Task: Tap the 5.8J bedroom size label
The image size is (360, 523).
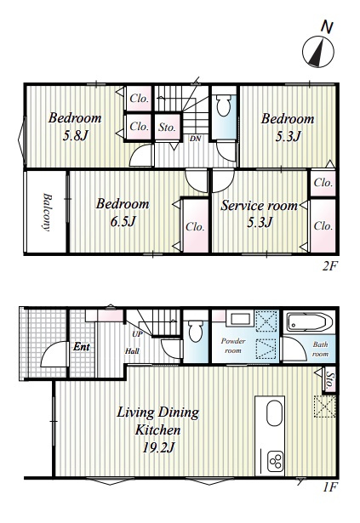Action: [x=76, y=135]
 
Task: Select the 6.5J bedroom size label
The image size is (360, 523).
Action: [x=123, y=221]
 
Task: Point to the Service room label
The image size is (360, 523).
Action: [x=259, y=206]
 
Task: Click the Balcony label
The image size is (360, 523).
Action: [x=47, y=212]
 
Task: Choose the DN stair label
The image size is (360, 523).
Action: [x=195, y=139]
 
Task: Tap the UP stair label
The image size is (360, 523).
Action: [x=137, y=334]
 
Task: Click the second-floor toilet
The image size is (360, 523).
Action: [x=224, y=105]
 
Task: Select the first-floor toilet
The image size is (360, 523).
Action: [x=196, y=331]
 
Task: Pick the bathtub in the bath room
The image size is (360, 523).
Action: [x=309, y=321]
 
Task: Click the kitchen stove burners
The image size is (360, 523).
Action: [x=277, y=462]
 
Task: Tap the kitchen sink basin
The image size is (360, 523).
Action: [x=275, y=413]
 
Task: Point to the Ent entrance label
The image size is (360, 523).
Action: [x=82, y=347]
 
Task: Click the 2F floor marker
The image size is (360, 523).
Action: [x=329, y=266]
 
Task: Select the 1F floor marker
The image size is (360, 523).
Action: [x=330, y=487]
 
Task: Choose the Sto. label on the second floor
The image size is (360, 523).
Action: [x=167, y=127]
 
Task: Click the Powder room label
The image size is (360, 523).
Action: [x=233, y=346]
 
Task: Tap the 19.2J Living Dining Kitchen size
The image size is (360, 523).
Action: [x=158, y=447]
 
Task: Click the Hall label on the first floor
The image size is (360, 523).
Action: [x=132, y=351]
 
